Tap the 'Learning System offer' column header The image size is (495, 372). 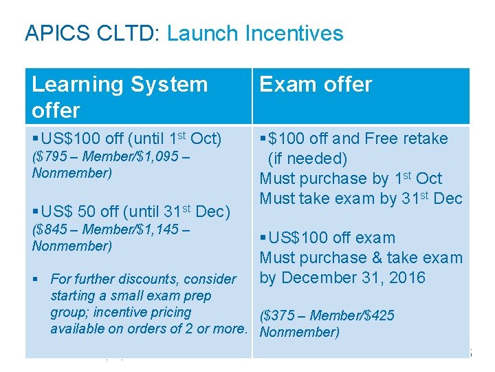click(x=120, y=96)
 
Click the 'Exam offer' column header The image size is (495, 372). click(x=316, y=84)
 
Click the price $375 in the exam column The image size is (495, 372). click(x=279, y=316)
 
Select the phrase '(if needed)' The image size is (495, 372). click(x=307, y=158)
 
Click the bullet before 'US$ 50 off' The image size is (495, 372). click(x=36, y=211)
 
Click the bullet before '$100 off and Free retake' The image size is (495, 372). click(x=263, y=139)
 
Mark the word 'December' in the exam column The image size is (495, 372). click(x=316, y=278)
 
